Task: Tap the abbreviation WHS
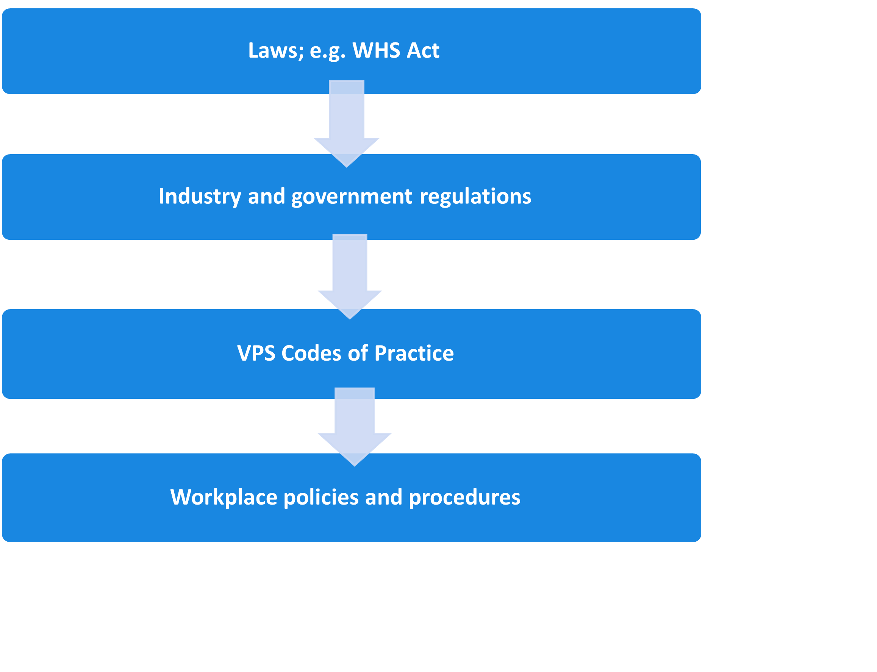376,51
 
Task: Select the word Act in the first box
423,51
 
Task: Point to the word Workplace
223,498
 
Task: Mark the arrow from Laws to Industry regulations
347,120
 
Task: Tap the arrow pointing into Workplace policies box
355,424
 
